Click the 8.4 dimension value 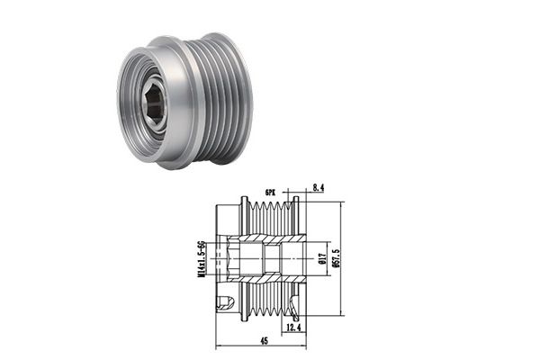tap(319, 188)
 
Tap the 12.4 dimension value tap(293, 327)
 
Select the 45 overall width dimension tap(264, 341)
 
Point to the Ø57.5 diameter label tap(337, 258)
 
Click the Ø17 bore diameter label tap(322, 258)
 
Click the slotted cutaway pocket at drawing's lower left tap(225, 302)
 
